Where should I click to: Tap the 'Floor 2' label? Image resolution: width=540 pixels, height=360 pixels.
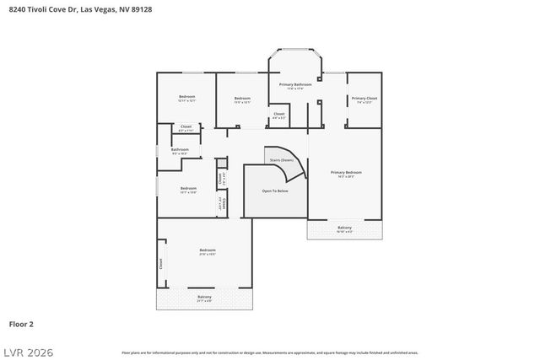pos(21,323)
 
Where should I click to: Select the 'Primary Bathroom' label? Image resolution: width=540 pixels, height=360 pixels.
pos(295,84)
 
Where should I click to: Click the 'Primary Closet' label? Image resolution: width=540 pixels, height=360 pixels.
pos(364,98)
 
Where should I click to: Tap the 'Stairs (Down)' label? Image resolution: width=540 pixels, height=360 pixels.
pos(282,159)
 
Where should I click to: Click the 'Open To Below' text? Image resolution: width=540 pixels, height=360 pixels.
pos(274,191)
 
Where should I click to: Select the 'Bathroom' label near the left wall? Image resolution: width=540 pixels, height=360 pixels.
pos(180,149)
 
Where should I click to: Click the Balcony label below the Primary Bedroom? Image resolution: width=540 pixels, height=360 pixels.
pos(344,228)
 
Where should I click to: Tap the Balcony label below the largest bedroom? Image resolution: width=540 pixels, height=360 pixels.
pos(204,297)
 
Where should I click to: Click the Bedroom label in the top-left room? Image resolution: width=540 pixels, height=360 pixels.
pos(186,97)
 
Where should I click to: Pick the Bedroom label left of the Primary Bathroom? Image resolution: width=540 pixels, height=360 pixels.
pos(242,99)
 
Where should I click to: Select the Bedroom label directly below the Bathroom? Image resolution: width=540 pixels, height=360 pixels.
pos(188,188)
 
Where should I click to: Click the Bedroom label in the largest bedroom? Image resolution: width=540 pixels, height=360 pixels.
pos(208,250)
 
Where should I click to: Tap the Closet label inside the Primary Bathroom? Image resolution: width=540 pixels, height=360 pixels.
pos(278,113)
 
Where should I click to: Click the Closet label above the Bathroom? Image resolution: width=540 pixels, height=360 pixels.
pos(186,126)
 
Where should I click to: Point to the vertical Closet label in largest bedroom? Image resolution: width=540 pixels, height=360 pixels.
pos(161,263)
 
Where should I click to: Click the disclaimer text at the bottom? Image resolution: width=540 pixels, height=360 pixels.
pos(270,352)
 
